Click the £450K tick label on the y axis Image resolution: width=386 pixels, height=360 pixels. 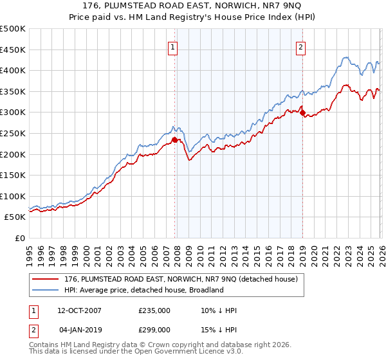[13, 50]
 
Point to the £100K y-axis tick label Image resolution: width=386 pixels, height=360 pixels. [13, 196]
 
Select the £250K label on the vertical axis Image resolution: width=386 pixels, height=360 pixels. [13, 133]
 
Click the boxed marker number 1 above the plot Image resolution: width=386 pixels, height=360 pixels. [174, 46]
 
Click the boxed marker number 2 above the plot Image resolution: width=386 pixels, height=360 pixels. [301, 46]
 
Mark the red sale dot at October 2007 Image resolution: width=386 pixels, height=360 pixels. [174, 139]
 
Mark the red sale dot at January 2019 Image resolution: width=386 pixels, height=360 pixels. [302, 113]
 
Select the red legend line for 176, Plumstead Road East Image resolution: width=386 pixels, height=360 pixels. [46, 280]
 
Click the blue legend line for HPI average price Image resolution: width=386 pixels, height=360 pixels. [46, 290]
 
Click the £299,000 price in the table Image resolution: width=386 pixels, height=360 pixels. [154, 330]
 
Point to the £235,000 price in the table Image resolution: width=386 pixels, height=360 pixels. [154, 310]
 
